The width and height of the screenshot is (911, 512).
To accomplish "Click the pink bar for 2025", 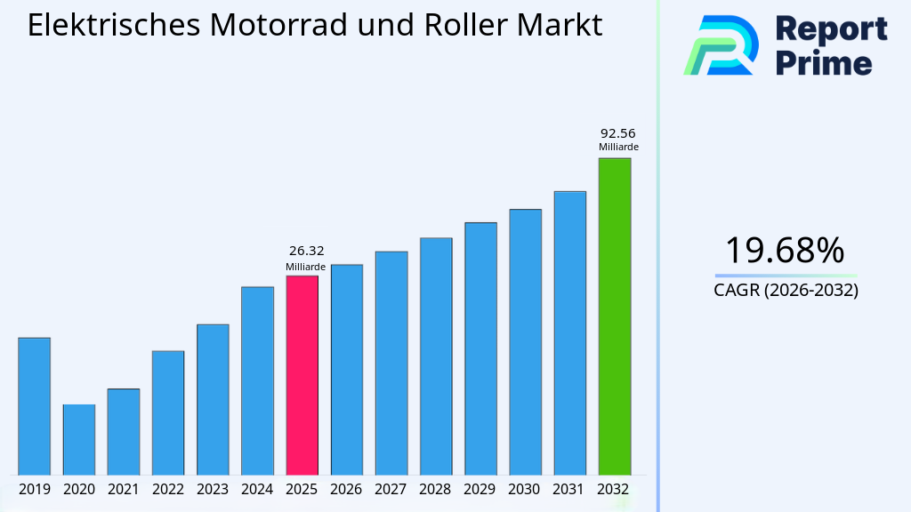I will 302,375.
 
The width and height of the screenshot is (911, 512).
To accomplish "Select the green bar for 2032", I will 614,316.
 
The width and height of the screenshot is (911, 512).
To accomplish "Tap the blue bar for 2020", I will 79,439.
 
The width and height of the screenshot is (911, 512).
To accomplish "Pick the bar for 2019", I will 35,406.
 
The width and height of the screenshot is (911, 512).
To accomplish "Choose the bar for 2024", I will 257,380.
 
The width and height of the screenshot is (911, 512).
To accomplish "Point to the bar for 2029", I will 480,348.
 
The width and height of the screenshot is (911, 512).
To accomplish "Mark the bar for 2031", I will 569,332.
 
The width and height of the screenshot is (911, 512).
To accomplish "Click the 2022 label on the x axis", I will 168,489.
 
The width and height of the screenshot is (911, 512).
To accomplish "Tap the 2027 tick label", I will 391,489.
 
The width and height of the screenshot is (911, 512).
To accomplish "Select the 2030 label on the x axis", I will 525,489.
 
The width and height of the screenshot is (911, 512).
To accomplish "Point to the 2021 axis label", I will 124,489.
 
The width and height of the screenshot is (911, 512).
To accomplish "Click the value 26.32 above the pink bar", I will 302,251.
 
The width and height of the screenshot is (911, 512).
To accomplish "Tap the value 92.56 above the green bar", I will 618,132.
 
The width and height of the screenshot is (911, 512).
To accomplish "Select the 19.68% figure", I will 785,251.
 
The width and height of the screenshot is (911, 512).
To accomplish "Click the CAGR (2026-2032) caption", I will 786,290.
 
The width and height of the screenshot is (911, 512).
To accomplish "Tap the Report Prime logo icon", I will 721,45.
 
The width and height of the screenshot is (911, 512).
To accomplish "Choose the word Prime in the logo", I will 824,62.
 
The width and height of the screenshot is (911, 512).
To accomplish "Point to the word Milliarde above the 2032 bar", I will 618,148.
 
